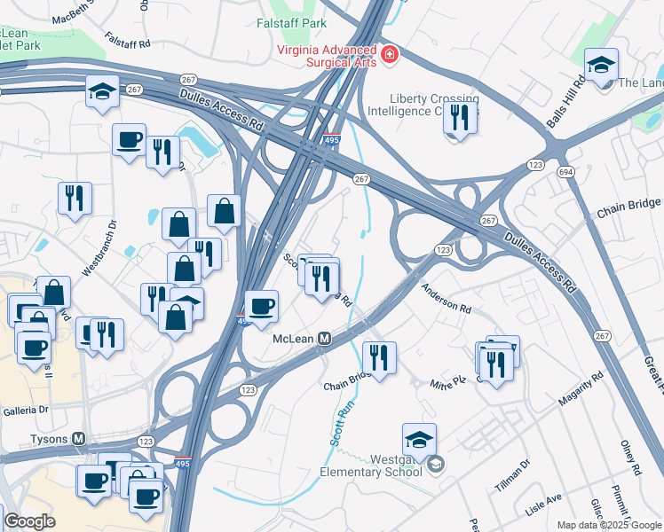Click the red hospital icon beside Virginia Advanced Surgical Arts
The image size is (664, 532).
389,56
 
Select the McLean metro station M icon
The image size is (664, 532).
325,339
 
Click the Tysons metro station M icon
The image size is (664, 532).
79,439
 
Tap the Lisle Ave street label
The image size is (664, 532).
542,504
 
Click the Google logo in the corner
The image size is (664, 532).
29,521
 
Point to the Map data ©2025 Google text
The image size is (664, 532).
608,525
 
